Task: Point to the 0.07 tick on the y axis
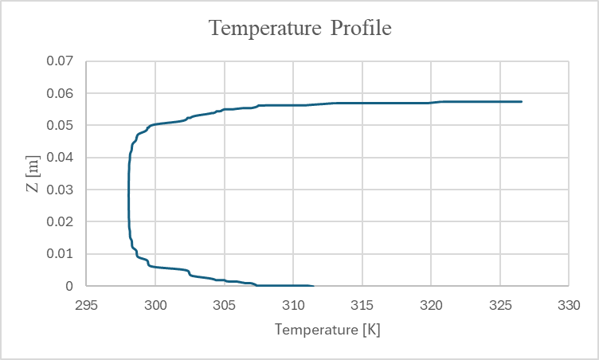[x=58, y=61]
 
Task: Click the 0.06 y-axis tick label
[x=58, y=93]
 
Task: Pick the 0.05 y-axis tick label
[x=58, y=126]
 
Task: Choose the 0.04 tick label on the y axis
[x=58, y=158]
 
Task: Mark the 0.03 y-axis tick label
[x=58, y=190]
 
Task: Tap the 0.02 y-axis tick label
[x=58, y=221]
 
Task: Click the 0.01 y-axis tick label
[x=58, y=254]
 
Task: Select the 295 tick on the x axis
[x=87, y=304]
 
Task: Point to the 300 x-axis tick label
[x=155, y=304]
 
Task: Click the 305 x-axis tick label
[x=225, y=304]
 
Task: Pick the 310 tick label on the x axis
[x=293, y=304]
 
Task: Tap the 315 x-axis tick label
[x=362, y=304]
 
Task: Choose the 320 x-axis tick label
[x=431, y=304]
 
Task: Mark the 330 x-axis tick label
[x=568, y=304]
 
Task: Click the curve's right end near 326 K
[x=521, y=102]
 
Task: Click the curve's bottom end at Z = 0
[x=312, y=285]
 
